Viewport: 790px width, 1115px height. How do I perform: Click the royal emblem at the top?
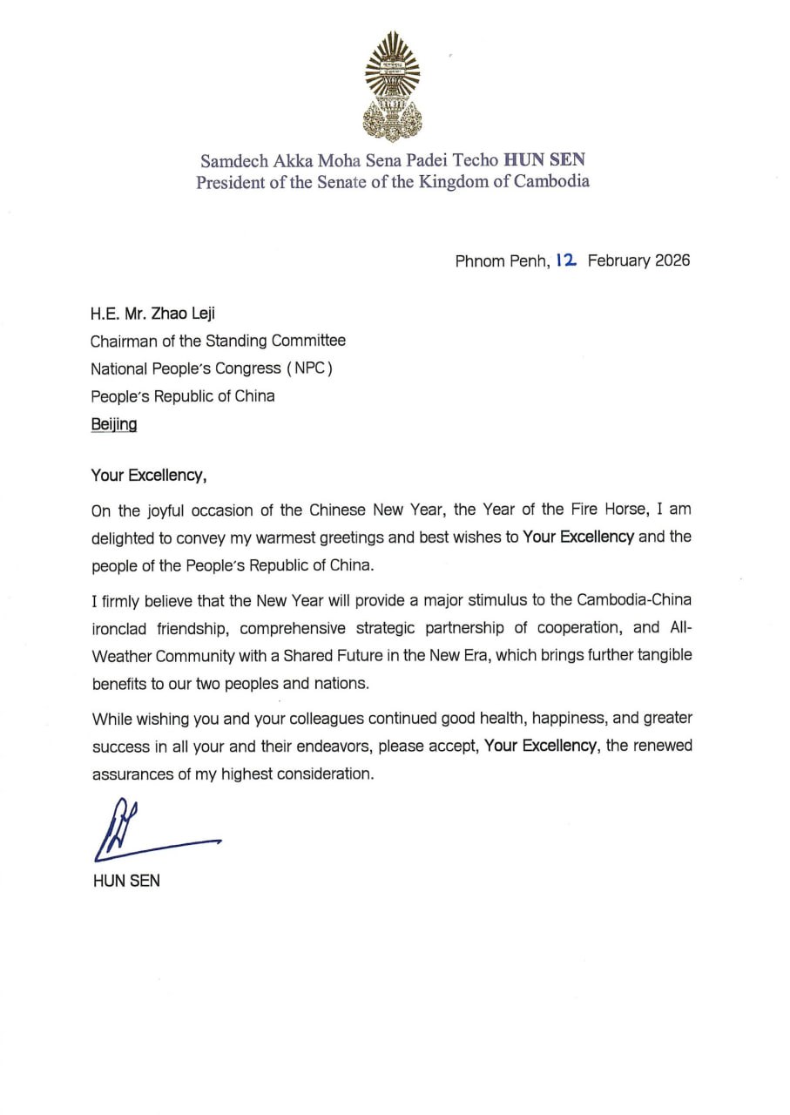pyautogui.click(x=392, y=85)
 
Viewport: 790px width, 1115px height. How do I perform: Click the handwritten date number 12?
pyautogui.click(x=566, y=260)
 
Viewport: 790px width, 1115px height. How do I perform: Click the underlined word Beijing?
pyautogui.click(x=113, y=424)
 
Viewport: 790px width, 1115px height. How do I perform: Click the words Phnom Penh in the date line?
pyautogui.click(x=501, y=260)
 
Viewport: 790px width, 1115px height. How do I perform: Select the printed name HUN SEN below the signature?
pyautogui.click(x=125, y=881)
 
